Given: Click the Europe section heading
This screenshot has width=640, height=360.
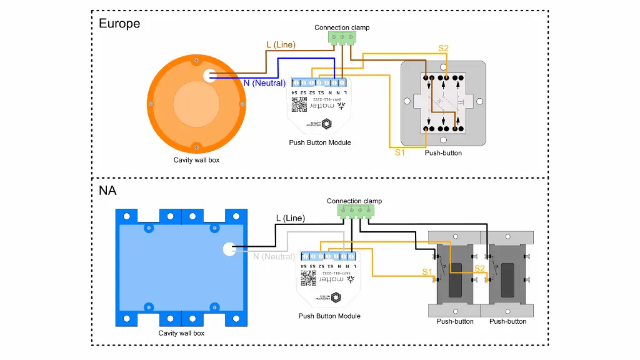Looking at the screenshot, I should pos(119,24).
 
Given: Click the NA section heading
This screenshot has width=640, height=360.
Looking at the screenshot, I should pos(107,191).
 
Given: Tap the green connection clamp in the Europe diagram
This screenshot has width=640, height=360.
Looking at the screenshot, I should pos(342,38).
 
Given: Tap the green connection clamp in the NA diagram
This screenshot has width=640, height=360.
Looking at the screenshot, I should pos(354,211).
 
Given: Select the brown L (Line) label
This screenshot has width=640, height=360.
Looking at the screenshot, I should pos(281,45).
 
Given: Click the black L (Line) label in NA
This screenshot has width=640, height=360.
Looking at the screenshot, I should pos(291,218).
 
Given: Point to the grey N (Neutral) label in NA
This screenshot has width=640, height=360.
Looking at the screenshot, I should pos(274,256).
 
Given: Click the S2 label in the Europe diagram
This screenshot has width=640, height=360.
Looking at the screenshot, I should pos(443,48).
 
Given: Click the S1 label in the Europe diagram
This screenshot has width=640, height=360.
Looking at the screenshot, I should pos(401,152).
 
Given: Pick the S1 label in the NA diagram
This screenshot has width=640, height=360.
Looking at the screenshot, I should pos(427,272).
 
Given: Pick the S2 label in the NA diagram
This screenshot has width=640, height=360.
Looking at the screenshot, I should pos(479,269).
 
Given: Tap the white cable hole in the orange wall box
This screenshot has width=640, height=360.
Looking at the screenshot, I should pos(209,76).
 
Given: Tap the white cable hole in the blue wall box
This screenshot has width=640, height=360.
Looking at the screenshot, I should pos(229,249).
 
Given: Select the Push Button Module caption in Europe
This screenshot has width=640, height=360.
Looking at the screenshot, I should pos(320,142).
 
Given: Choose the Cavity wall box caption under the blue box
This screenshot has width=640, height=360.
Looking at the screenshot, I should pos(181,333).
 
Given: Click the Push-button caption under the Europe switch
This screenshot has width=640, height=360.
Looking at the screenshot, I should pos(443,152).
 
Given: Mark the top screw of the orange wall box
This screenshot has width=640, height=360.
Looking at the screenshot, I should pos(196,59).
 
